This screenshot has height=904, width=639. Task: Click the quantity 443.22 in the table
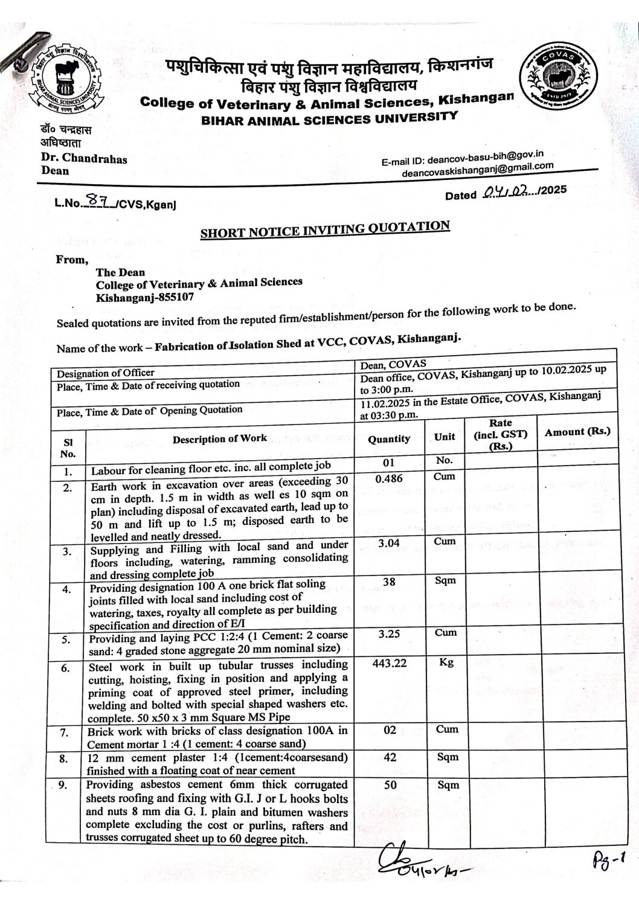[x=390, y=663]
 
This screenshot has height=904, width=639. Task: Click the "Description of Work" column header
[x=219, y=439]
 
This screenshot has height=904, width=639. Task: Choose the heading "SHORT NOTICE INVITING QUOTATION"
[x=325, y=229]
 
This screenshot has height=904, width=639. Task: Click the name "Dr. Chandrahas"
[x=84, y=159]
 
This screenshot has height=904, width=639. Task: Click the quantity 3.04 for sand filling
[x=389, y=543]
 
